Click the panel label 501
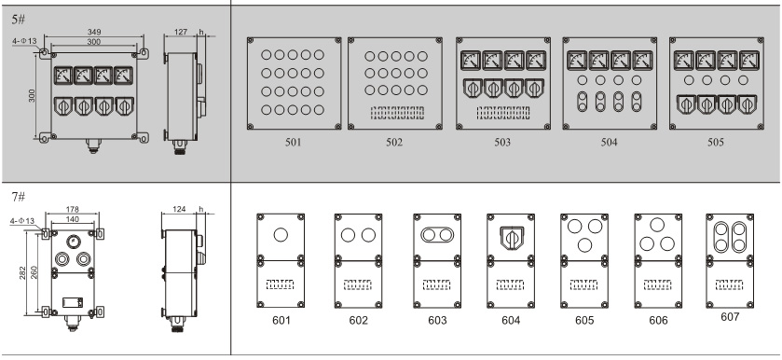point(294,143)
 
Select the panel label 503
point(502,143)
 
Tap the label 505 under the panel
point(716,143)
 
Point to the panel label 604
point(511,321)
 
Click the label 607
point(730,316)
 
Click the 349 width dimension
point(94,33)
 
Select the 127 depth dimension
point(181,32)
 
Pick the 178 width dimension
point(73,210)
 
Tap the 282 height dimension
point(23,272)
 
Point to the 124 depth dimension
point(179,209)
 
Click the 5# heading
point(19,19)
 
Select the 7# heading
point(19,197)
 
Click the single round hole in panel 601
point(281,234)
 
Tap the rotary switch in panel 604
point(511,237)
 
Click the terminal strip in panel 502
point(397,112)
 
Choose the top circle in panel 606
point(657,225)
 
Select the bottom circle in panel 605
point(584,244)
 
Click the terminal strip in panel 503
point(502,112)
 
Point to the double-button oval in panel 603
point(437,234)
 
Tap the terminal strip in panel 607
point(729,284)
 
